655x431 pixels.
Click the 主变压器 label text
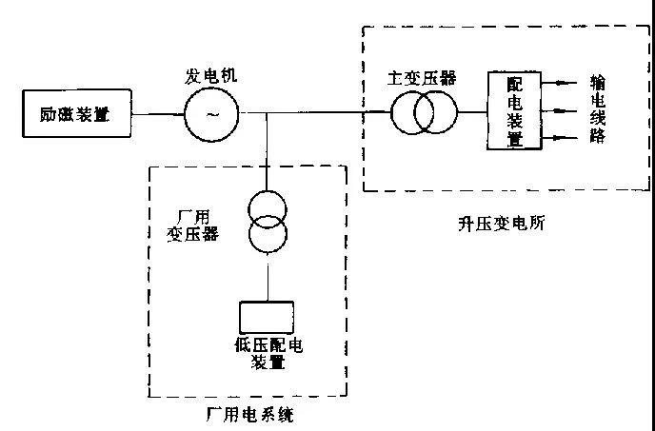point(423,77)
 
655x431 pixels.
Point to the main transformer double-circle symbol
point(426,114)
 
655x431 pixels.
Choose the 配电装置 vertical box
point(515,110)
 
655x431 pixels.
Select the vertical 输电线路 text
point(598,110)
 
